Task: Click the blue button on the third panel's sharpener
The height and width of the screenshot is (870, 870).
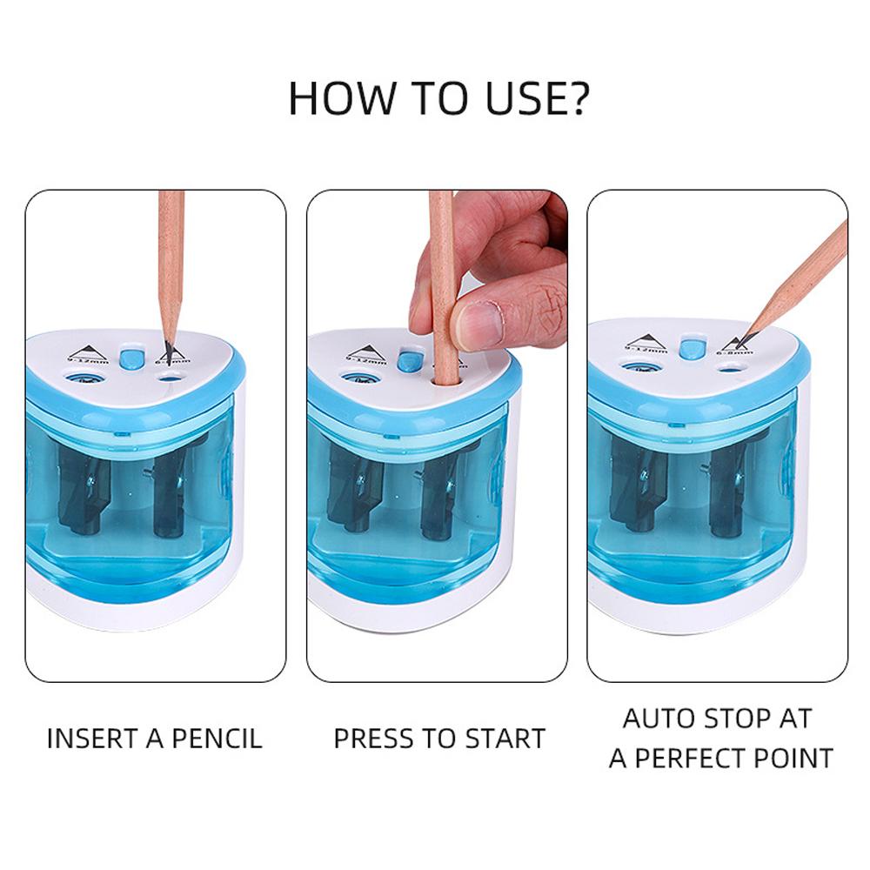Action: (x=692, y=349)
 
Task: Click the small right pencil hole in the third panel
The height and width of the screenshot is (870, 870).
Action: (x=726, y=368)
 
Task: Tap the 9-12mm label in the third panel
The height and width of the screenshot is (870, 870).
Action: (x=645, y=351)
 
